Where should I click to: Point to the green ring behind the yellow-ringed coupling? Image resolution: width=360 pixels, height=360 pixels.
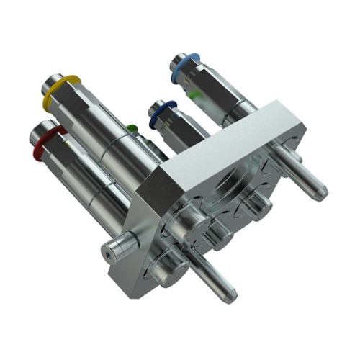131,129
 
